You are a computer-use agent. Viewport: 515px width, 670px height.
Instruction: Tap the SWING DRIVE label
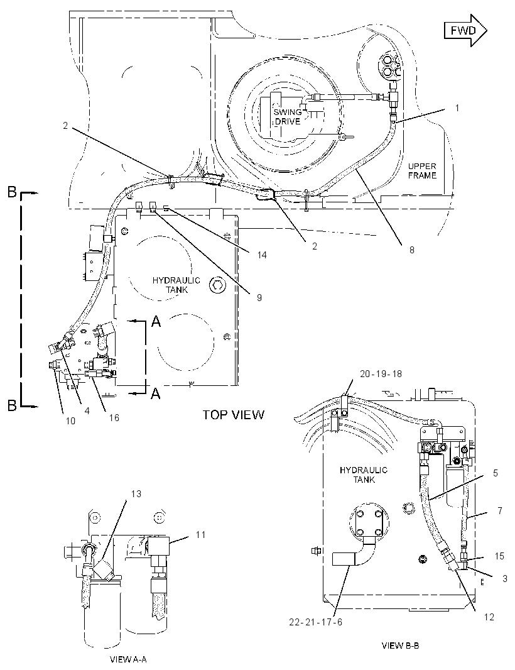(288, 117)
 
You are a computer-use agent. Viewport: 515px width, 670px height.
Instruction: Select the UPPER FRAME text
(422, 170)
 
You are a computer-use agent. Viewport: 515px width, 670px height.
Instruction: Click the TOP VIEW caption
(233, 414)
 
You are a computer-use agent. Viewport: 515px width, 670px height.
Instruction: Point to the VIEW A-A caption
(128, 659)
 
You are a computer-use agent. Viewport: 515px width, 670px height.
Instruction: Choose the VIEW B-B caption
(400, 645)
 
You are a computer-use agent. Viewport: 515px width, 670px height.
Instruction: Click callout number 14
(262, 255)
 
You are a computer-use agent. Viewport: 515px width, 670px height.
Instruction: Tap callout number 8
(411, 250)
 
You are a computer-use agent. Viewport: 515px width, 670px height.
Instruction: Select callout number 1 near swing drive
(457, 107)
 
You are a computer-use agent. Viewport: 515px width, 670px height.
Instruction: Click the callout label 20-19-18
(381, 374)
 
